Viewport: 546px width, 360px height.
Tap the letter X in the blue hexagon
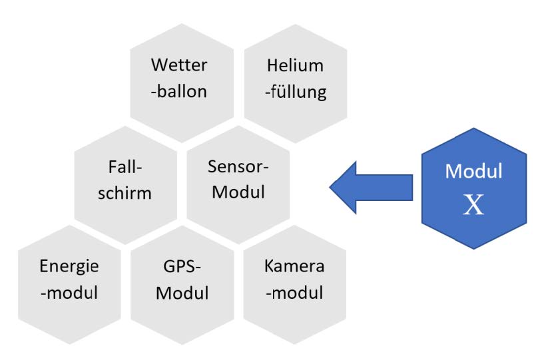[474, 206]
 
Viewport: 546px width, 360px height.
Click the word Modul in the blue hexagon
[474, 171]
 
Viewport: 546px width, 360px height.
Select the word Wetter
[179, 66]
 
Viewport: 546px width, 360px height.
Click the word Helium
[295, 66]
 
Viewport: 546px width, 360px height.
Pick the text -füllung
[295, 91]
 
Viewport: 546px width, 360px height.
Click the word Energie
[69, 266]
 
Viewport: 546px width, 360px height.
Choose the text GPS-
[182, 267]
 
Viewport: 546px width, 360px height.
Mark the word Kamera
[294, 267]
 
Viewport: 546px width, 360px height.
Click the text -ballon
[178, 91]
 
